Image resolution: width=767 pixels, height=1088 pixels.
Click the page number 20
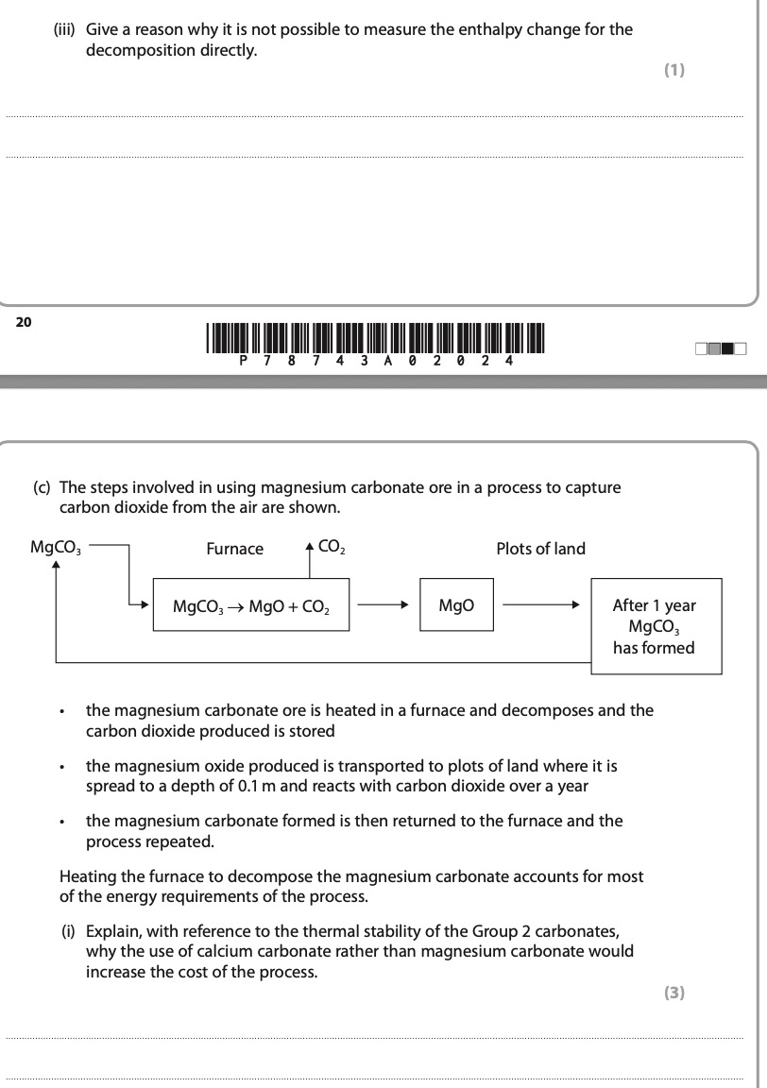[24, 322]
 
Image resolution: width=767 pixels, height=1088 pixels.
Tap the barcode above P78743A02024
[377, 337]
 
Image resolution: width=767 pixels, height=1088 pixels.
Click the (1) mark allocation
[673, 70]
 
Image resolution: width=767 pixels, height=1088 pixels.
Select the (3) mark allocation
[673, 992]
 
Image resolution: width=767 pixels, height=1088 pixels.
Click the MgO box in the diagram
[456, 604]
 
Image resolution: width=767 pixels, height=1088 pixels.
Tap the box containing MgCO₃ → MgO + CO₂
[250, 605]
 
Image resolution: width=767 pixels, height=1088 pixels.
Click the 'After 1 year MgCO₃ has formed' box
[655, 626]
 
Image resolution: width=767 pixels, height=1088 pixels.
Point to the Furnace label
[235, 549]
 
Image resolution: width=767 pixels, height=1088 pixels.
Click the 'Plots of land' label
[540, 549]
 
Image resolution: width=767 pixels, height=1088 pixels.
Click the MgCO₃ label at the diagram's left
[56, 547]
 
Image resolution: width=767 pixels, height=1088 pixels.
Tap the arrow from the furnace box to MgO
[383, 604]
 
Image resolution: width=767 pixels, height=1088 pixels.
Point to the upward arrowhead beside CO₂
[310, 546]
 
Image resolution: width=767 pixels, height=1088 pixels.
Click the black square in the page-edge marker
[727, 349]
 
